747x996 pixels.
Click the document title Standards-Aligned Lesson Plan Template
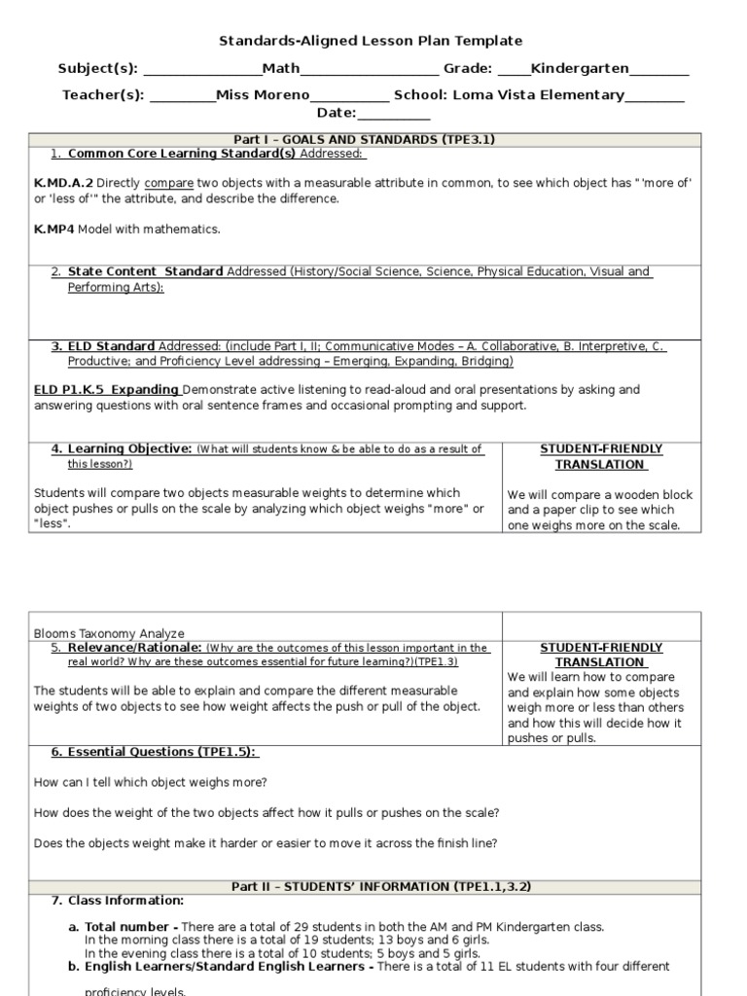(370, 41)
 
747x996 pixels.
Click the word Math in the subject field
(281, 69)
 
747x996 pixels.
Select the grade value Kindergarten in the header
(580, 69)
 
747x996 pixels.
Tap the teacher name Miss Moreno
(263, 95)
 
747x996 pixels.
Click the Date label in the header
(337, 114)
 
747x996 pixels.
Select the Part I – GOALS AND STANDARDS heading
(365, 140)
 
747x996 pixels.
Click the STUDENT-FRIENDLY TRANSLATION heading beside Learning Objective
(600, 457)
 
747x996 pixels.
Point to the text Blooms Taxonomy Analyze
(109, 633)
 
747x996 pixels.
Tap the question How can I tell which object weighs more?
(151, 782)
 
